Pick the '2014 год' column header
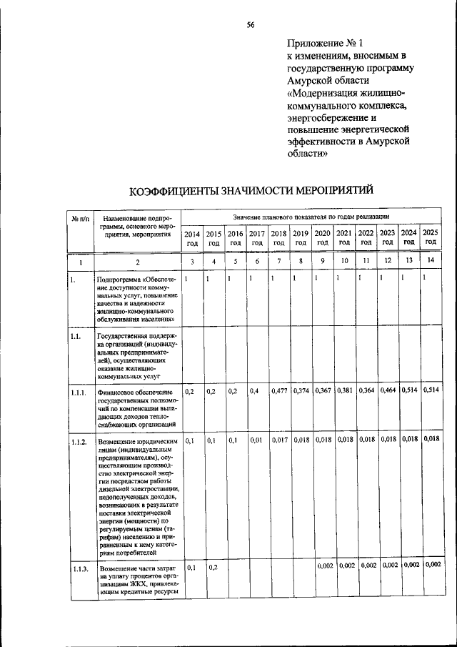point(192,237)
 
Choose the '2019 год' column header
point(301,237)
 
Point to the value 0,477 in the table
point(279,390)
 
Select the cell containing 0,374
point(301,390)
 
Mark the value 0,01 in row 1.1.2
point(256,440)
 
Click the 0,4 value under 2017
point(254,391)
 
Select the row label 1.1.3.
point(79,568)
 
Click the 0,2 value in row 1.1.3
point(213,567)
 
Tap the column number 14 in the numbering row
point(431,262)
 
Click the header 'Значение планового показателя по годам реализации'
point(310,216)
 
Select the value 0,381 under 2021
point(344,390)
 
